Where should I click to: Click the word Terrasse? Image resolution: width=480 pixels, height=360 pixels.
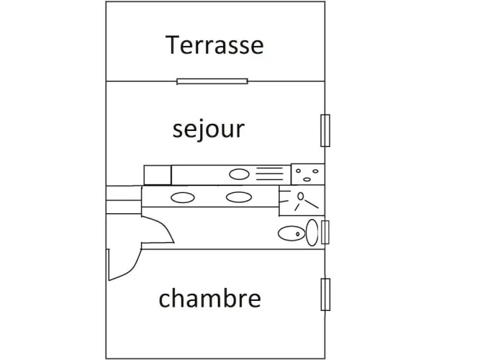click(x=214, y=45)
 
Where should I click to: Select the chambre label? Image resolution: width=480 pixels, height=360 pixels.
click(x=209, y=297)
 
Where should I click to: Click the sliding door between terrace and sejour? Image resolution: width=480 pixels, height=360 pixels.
click(x=212, y=81)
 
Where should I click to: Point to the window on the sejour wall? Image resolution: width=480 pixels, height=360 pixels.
click(x=325, y=130)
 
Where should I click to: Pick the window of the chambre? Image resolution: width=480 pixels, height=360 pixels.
click(x=325, y=294)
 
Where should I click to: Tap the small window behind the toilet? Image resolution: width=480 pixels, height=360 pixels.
click(x=325, y=233)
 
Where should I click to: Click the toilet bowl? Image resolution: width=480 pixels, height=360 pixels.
click(x=291, y=233)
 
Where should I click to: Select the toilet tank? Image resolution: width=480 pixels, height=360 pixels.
click(x=312, y=233)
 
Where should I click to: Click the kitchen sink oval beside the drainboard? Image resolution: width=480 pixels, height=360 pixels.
click(x=240, y=174)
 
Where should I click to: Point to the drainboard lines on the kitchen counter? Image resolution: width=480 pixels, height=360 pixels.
click(x=269, y=174)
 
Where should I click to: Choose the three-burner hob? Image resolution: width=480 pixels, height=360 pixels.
click(x=308, y=174)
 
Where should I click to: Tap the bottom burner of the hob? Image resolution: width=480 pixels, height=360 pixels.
click(x=307, y=179)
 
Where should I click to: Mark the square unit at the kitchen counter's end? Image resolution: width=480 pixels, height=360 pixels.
click(x=158, y=175)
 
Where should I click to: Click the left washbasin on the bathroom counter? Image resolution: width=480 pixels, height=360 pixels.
click(x=183, y=197)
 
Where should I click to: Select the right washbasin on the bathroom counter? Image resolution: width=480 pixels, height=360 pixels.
click(x=239, y=197)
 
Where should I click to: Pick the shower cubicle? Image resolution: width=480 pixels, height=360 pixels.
click(x=302, y=200)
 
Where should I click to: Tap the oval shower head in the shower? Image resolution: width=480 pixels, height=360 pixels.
click(x=301, y=196)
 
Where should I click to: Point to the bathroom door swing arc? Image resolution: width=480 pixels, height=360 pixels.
click(x=163, y=228)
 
